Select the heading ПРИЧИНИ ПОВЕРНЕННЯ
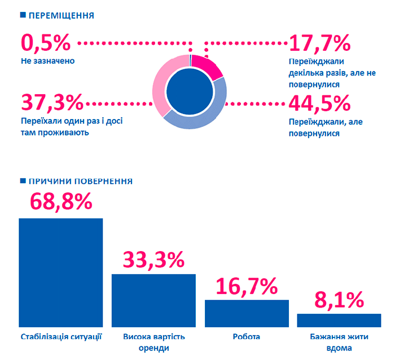tap(80, 182)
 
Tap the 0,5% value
tap(46, 43)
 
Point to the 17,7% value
tap(319, 43)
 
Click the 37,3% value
tap(52, 103)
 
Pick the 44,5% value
tap(319, 104)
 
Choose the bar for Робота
tap(247, 313)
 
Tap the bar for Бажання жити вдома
tap(339, 320)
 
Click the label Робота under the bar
tap(247, 337)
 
